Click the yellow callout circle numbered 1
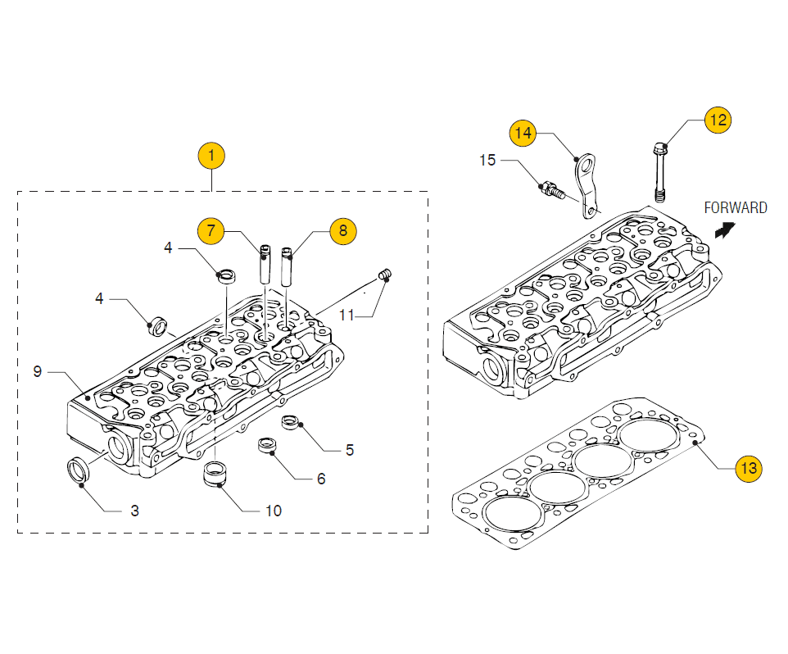(x=211, y=156)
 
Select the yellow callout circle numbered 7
(x=211, y=231)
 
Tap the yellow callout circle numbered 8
(x=343, y=231)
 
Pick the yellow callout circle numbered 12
(x=718, y=120)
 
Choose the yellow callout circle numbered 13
(x=749, y=468)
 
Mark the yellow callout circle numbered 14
(x=523, y=133)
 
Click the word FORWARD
(x=736, y=207)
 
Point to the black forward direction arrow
(x=725, y=230)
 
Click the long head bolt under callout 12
(x=660, y=172)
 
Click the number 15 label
(x=487, y=160)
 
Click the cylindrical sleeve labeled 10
(x=215, y=474)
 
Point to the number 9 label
(x=37, y=371)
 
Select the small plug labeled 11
(x=385, y=275)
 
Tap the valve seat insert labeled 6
(x=267, y=445)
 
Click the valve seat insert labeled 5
(x=291, y=422)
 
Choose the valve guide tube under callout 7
(x=265, y=265)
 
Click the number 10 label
(x=274, y=511)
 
